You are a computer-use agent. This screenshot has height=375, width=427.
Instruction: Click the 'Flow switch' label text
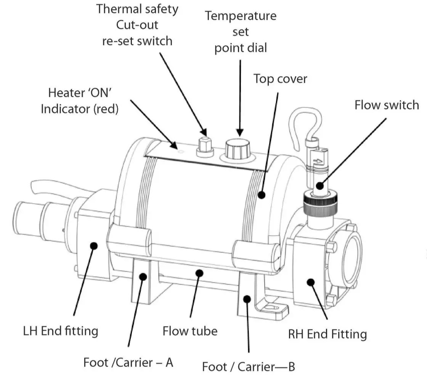point(386,105)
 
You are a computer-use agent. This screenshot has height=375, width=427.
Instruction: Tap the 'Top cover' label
point(280,79)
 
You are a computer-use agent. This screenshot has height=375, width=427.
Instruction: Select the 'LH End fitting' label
point(61,330)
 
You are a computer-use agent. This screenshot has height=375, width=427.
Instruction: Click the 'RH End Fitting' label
point(327,334)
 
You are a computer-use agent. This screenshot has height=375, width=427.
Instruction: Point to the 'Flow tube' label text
point(190,330)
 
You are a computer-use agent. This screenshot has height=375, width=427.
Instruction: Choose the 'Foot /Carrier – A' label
point(128,362)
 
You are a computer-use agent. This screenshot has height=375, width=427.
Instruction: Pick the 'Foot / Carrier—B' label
point(248,367)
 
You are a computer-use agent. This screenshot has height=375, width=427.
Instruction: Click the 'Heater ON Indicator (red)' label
point(80,101)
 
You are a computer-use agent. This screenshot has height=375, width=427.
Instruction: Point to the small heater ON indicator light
point(181,151)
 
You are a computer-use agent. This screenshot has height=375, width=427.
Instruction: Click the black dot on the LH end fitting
point(92,246)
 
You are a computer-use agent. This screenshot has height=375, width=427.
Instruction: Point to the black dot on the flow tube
point(198,272)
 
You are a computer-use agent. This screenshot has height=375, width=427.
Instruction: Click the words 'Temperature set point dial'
point(240,32)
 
